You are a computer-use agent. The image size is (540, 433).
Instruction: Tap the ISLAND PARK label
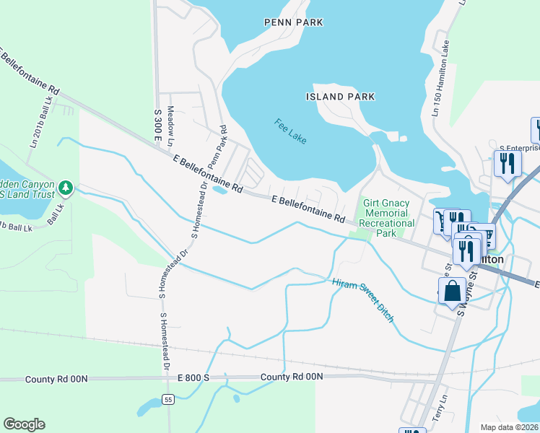[340, 97]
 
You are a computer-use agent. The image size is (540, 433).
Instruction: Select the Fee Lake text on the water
[290, 131]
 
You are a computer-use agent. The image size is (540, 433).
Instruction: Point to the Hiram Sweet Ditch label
[363, 300]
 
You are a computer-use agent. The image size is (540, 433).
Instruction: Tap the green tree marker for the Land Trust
[66, 188]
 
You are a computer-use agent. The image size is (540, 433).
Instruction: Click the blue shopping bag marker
[452, 292]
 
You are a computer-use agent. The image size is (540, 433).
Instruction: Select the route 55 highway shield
[168, 399]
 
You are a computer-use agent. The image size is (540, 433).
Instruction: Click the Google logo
[24, 424]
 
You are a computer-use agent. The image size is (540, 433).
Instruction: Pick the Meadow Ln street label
[171, 118]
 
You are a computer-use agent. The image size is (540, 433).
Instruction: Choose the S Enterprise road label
[520, 148]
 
